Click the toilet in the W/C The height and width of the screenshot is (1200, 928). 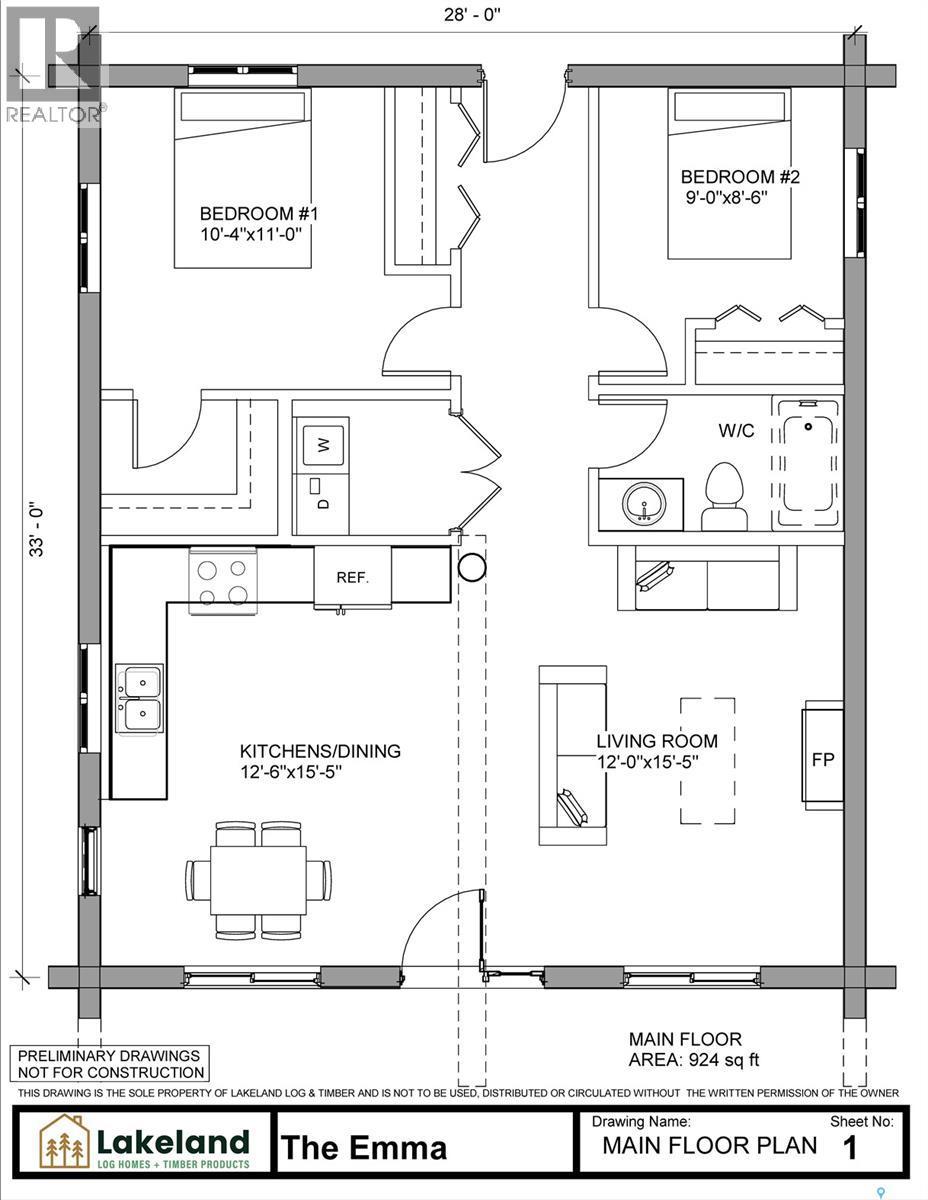pyautogui.click(x=724, y=496)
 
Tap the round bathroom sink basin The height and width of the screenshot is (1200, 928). pyautogui.click(x=644, y=503)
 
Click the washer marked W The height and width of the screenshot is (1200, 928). pyautogui.click(x=323, y=445)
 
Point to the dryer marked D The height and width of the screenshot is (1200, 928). pyautogui.click(x=323, y=503)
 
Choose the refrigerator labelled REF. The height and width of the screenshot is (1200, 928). pyautogui.click(x=352, y=578)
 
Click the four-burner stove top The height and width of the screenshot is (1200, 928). pyautogui.click(x=222, y=581)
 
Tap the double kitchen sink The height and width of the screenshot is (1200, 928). pyautogui.click(x=139, y=700)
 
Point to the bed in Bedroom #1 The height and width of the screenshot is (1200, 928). pyautogui.click(x=243, y=178)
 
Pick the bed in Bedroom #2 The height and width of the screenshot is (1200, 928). pyautogui.click(x=729, y=173)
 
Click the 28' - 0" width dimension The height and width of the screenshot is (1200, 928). pyautogui.click(x=472, y=14)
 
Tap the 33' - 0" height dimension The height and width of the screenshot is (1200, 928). pyautogui.click(x=36, y=528)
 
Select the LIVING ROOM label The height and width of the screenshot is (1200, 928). pyautogui.click(x=657, y=741)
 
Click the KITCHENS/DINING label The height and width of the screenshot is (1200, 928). pyautogui.click(x=320, y=750)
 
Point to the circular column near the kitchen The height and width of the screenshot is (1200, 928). pyautogui.click(x=472, y=567)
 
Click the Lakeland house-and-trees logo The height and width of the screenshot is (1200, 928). pyautogui.click(x=65, y=1143)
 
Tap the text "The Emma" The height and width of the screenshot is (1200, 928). pyautogui.click(x=364, y=1147)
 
